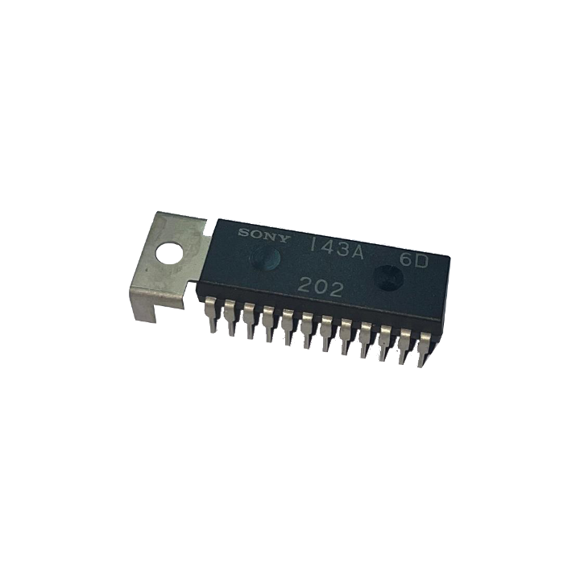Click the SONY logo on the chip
[263, 235]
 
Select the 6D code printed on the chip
[413, 262]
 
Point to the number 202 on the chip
[321, 288]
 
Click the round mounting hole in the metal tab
[170, 254]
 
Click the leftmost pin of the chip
[211, 314]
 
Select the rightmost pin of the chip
[423, 349]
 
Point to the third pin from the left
[249, 321]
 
